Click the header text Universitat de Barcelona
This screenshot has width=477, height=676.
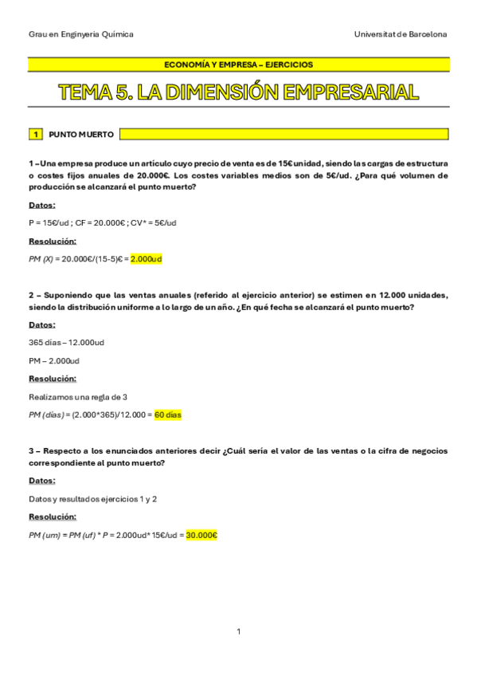click(401, 34)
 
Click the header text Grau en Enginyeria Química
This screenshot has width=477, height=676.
click(80, 34)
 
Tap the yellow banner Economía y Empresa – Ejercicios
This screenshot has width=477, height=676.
click(238, 65)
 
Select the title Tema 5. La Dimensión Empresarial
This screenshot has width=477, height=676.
click(238, 92)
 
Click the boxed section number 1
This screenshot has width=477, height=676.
click(36, 134)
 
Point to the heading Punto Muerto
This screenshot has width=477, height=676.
click(81, 134)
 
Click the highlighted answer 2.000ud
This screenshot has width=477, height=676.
click(146, 259)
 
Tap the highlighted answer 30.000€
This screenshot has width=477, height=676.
click(201, 535)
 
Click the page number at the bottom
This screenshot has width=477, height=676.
click(238, 631)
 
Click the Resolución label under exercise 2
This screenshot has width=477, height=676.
click(53, 379)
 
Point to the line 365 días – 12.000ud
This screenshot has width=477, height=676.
click(66, 342)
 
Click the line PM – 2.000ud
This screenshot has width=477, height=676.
click(54, 360)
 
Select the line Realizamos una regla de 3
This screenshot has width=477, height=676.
click(78, 396)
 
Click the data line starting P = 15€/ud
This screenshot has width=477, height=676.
click(102, 222)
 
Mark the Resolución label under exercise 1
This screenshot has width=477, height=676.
click(53, 241)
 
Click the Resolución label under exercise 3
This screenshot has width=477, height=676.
click(53, 517)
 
